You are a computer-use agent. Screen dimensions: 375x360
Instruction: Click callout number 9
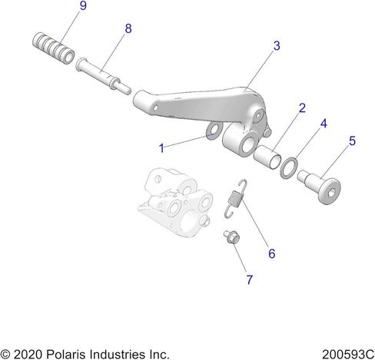[83, 5]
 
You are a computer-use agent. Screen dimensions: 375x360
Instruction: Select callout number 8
[128, 28]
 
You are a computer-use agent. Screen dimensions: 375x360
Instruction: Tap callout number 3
[277, 46]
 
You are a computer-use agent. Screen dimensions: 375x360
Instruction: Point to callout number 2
[302, 108]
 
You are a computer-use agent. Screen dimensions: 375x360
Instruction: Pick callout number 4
[324, 124]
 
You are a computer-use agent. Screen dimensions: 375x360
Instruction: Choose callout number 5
[353, 141]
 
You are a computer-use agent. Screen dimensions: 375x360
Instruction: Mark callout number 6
[271, 253]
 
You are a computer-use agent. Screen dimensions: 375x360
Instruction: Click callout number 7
[250, 279]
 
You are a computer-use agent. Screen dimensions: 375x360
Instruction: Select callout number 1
[161, 148]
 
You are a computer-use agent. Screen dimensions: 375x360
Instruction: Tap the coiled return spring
[235, 199]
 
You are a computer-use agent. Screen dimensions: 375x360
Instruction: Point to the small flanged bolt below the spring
[231, 237]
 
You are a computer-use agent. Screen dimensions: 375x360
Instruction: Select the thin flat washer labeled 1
[214, 130]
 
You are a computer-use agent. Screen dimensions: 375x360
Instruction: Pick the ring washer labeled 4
[289, 167]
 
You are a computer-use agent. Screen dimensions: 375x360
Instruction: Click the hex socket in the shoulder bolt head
[330, 193]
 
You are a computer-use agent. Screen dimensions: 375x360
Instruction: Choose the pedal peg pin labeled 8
[104, 76]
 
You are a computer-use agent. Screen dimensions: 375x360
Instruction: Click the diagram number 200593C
[348, 355]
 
